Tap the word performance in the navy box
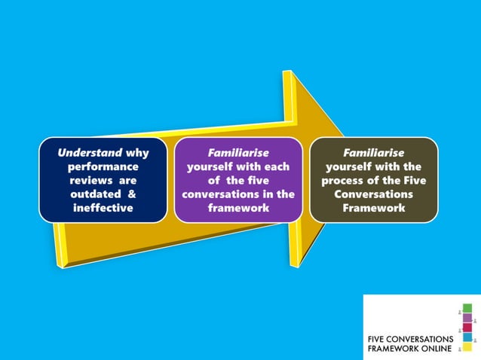(103, 166)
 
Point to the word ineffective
(103, 208)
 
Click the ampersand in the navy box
(132, 194)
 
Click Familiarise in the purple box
(238, 152)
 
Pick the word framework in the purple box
(238, 208)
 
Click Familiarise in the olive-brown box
(373, 152)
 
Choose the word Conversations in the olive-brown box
(373, 194)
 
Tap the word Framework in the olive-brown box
(373, 208)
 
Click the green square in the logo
(467, 309)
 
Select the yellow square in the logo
(467, 347)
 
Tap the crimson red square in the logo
(467, 328)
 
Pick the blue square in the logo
(467, 337)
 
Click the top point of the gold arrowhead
(287, 72)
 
